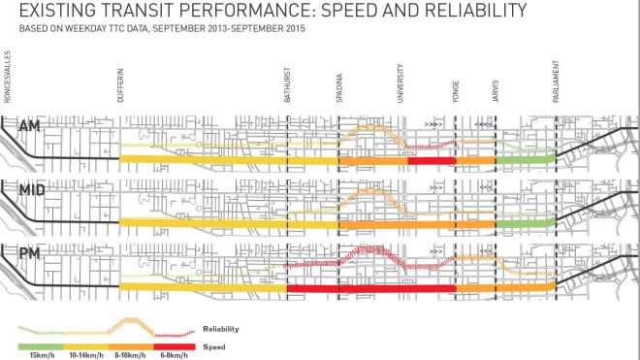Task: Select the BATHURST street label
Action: pos(287,80)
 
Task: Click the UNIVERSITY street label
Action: pos(401,77)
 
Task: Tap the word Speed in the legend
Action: pos(213,345)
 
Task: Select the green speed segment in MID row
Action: pos(525,222)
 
